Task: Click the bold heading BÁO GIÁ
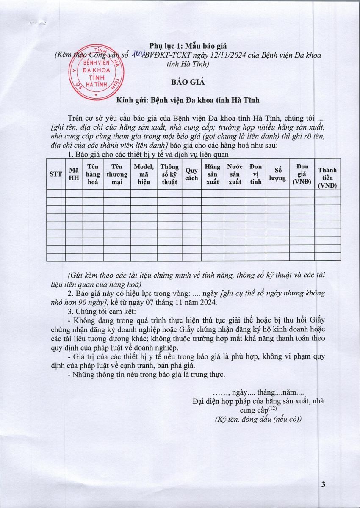click(188, 82)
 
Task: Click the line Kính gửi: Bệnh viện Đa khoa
click(188, 100)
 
